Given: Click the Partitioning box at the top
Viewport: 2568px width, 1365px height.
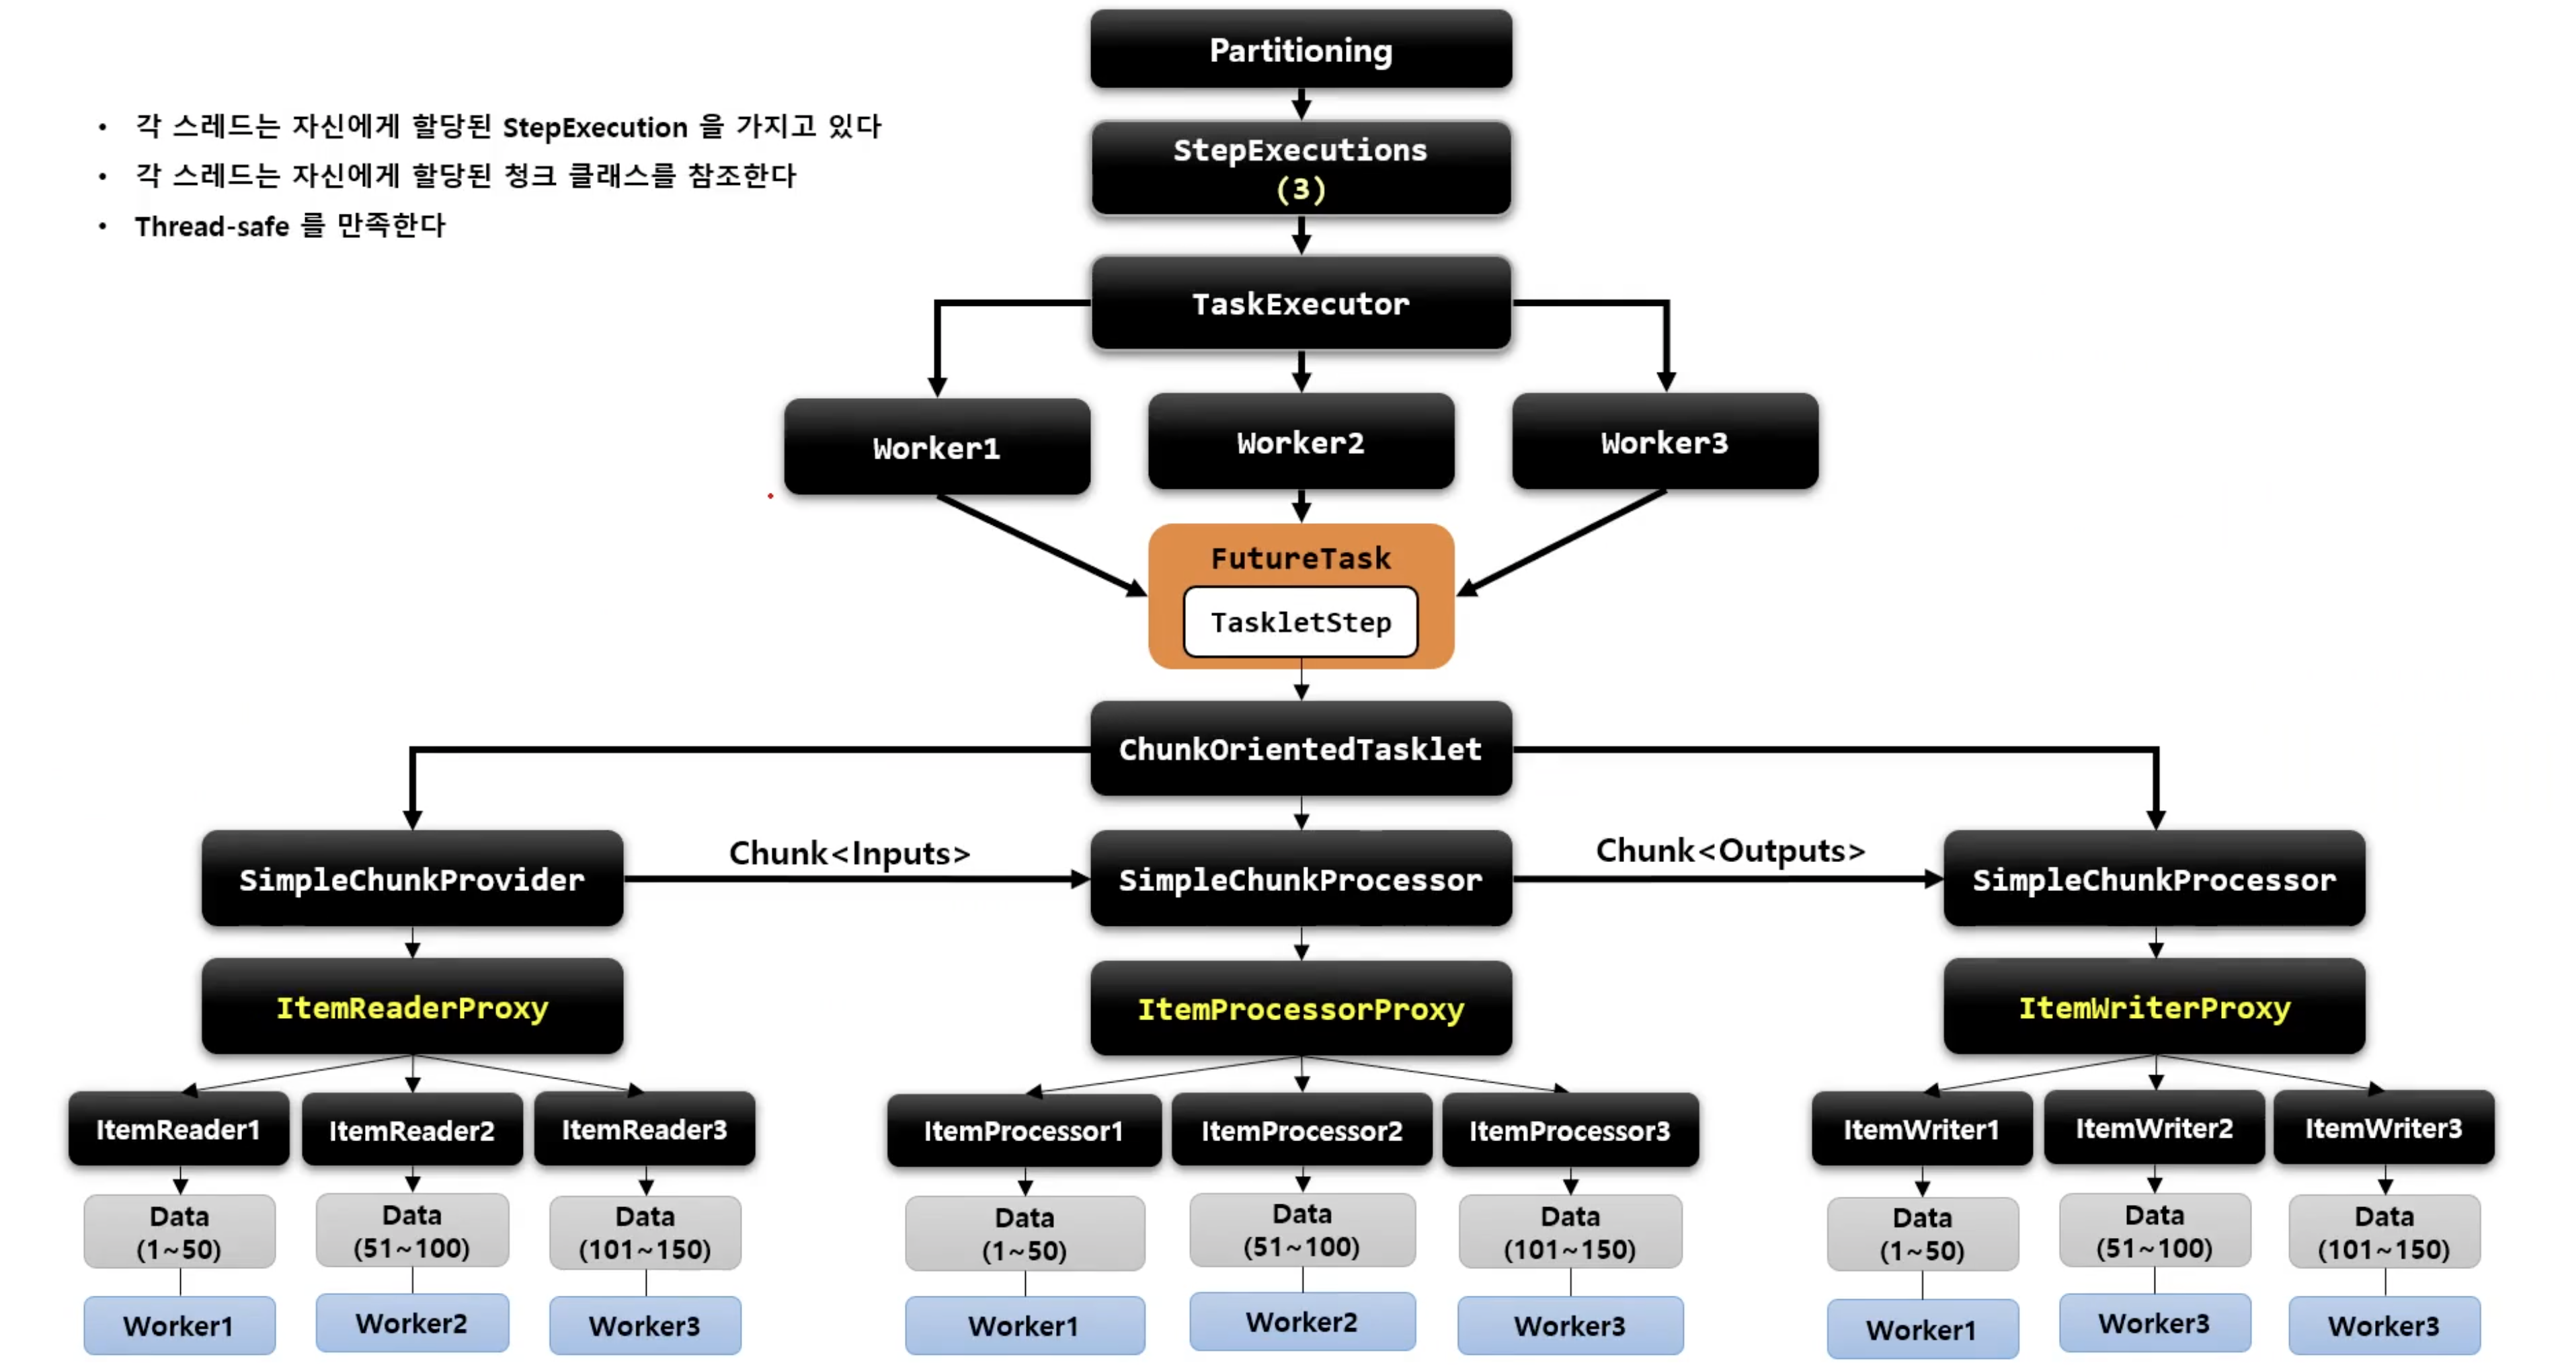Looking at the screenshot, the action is click(1300, 50).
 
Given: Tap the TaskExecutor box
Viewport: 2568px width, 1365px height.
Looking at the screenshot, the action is click(1300, 303).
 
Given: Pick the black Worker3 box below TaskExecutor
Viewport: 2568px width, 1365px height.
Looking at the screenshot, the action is click(1664, 442).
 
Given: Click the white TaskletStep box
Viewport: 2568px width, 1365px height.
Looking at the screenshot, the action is click(1300, 622).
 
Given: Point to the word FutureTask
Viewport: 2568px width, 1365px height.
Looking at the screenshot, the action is click(1300, 558).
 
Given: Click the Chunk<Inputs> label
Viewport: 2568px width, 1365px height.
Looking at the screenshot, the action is click(849, 853).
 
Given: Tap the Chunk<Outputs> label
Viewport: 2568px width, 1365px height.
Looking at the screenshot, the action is click(1730, 851).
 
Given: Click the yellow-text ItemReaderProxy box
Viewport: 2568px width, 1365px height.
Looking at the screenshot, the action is click(411, 1007).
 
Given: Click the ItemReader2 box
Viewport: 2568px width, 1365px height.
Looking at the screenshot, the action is click(411, 1130).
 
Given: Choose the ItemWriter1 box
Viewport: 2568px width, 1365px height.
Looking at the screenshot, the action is click(1921, 1129).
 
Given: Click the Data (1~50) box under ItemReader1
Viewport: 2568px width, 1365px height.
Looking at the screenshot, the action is click(179, 1233).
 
